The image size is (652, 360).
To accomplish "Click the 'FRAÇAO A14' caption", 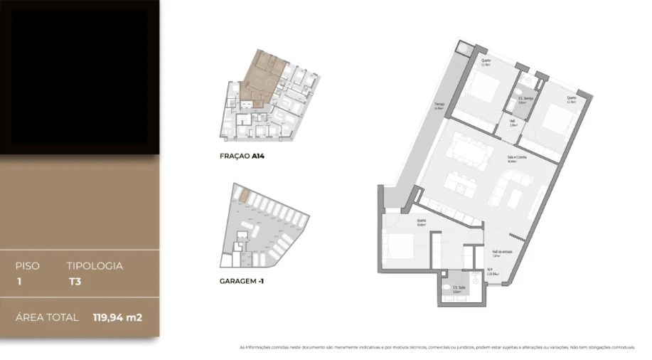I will (242, 155).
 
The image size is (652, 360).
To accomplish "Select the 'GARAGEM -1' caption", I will (242, 281).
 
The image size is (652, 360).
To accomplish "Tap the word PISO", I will (28, 266).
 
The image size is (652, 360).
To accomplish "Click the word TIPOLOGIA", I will (95, 266).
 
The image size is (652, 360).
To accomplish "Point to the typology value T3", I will (73, 281).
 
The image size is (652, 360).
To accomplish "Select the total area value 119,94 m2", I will (117, 317).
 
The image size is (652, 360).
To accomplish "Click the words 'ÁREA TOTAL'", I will (47, 317).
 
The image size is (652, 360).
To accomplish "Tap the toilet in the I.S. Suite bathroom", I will (447, 288).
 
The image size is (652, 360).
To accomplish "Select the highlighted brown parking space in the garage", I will (242, 194).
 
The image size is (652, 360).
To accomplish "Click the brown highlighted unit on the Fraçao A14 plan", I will (262, 77).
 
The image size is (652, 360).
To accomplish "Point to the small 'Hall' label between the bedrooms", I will (513, 121).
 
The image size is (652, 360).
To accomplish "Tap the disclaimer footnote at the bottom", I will (437, 348).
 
